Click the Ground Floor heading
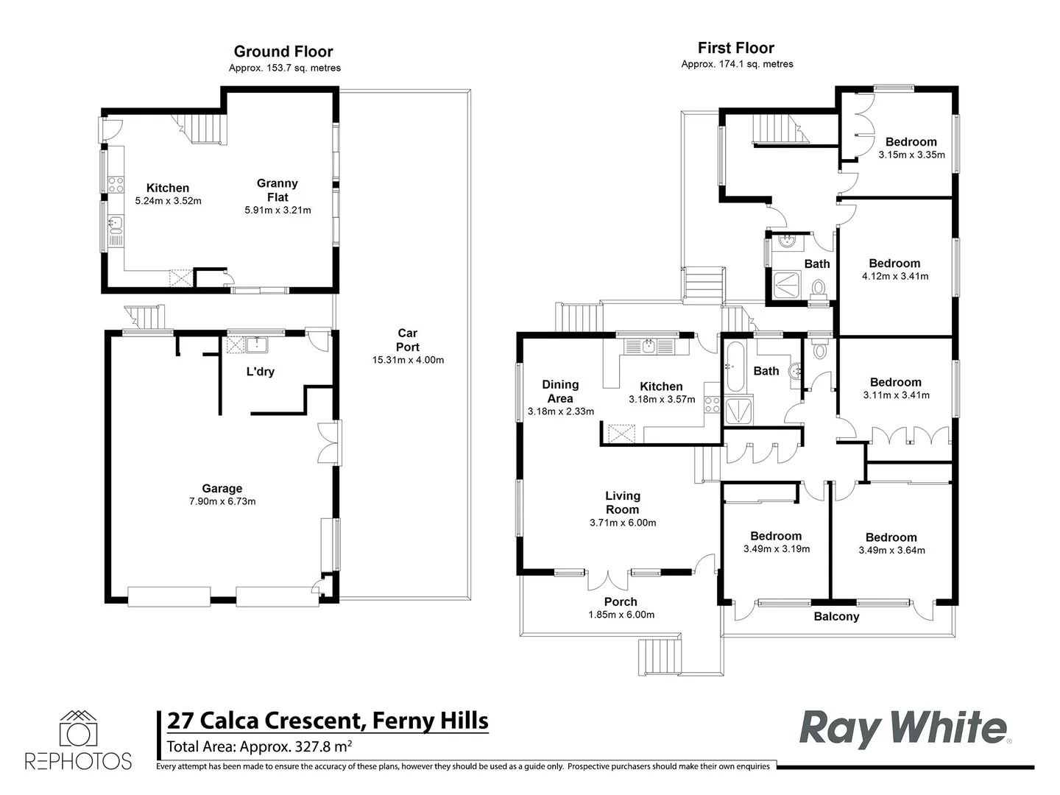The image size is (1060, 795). click(283, 52)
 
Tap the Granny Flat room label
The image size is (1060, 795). click(278, 190)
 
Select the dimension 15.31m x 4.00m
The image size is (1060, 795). click(408, 360)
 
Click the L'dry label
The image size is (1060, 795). click(260, 372)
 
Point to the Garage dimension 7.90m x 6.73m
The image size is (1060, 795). click(222, 501)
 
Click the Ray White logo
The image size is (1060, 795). click(904, 728)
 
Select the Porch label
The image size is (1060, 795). click(621, 601)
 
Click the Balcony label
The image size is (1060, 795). click(836, 616)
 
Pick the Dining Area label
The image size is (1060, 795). click(560, 391)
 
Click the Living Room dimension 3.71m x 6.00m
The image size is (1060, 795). click(622, 523)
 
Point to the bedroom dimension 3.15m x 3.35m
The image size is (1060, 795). click(911, 155)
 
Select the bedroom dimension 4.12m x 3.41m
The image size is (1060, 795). click(894, 276)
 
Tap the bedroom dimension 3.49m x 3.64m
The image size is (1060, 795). click(891, 550)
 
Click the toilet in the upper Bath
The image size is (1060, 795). click(819, 287)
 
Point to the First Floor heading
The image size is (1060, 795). click(736, 48)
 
